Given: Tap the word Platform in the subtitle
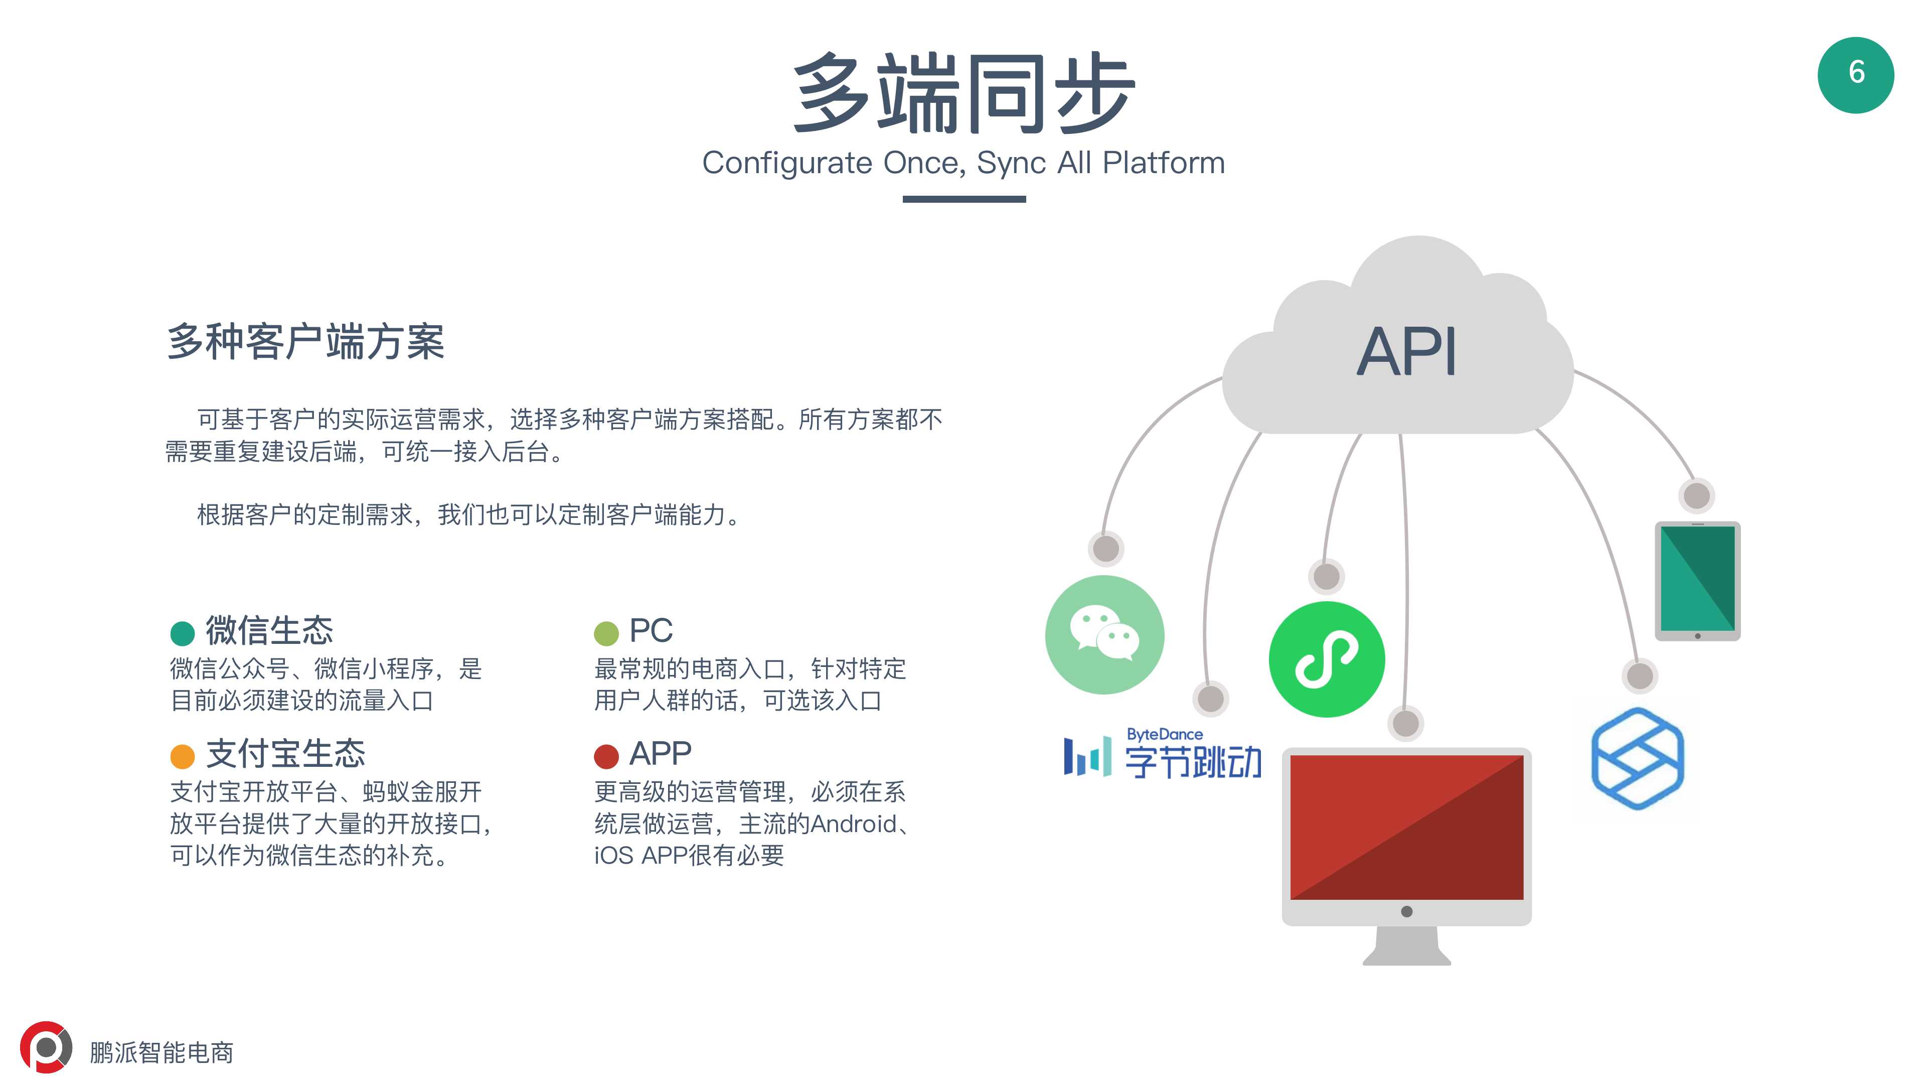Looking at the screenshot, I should (1164, 163).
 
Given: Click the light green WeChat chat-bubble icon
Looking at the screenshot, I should (1104, 635).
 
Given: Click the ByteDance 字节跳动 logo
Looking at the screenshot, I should (1163, 755).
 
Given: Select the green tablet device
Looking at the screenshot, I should (1697, 580).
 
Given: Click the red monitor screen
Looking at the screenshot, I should (1406, 827).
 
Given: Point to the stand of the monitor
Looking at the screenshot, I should (1406, 945).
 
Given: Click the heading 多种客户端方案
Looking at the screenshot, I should (305, 342).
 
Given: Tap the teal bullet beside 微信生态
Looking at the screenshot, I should (183, 633).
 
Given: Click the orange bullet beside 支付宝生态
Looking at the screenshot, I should (183, 757).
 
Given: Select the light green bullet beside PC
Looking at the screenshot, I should (606, 633).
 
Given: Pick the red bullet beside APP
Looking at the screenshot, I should (606, 757).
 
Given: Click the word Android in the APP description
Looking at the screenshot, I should (853, 824).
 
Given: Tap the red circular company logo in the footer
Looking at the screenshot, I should (46, 1047).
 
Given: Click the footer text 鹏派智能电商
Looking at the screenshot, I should (162, 1052).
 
